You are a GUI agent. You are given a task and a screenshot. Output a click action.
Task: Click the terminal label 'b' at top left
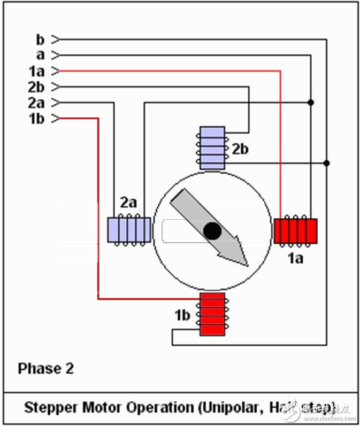point(40,39)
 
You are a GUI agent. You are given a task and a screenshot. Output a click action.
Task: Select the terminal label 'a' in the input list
point(40,55)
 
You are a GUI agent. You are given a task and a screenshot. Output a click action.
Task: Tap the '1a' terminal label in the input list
point(37,71)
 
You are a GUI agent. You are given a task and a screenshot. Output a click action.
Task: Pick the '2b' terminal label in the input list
point(37,87)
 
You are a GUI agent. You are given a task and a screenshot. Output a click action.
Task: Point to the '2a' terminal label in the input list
point(37,103)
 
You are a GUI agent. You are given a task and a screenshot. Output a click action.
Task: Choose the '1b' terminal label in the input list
point(37,119)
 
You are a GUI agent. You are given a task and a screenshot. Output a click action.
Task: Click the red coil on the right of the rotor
point(295,231)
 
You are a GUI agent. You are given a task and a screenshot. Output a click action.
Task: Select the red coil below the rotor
point(212,314)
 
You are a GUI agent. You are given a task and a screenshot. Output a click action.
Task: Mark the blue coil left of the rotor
point(129,231)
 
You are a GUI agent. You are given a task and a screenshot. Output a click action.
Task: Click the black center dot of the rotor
point(212,231)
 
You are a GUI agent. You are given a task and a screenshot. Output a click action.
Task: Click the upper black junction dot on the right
point(311,102)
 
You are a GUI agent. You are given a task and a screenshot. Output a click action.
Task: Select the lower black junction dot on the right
point(327,163)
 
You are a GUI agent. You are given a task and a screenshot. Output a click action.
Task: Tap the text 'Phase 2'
point(45,368)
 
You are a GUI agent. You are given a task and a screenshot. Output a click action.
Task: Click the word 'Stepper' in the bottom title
point(50,408)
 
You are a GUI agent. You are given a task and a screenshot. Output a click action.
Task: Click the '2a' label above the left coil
point(129,203)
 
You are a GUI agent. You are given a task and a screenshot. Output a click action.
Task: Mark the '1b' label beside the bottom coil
point(182,315)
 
